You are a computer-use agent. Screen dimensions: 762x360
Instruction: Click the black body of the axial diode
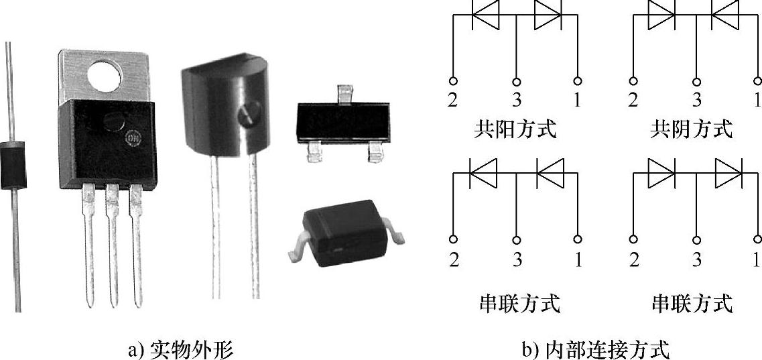click(x=10, y=164)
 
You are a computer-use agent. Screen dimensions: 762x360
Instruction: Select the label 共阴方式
click(x=692, y=129)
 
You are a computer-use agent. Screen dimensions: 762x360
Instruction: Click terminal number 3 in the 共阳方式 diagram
click(x=517, y=101)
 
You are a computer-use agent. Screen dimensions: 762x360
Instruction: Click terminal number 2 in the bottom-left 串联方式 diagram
click(x=454, y=259)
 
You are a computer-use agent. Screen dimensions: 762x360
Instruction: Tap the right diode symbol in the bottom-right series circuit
click(x=728, y=176)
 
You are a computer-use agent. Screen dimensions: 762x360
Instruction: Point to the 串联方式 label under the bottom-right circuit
click(x=692, y=304)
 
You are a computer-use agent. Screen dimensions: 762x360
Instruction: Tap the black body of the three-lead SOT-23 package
click(x=342, y=125)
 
